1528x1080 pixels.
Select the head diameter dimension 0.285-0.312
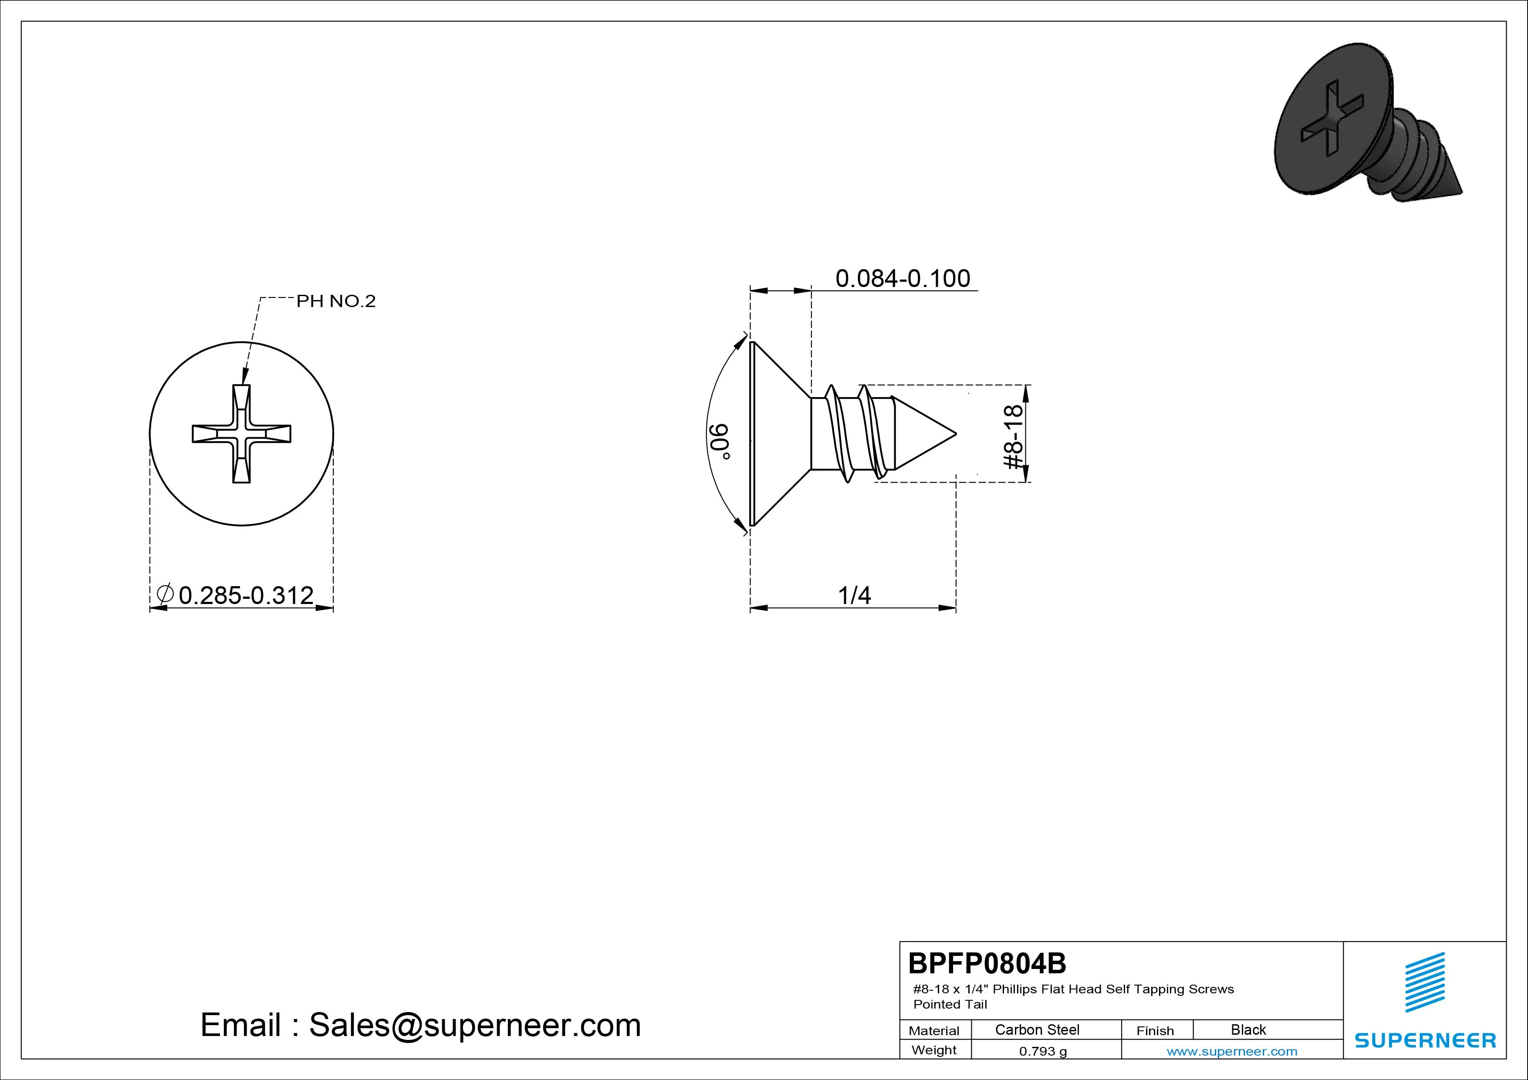[x=246, y=595]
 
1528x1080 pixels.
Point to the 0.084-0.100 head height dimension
[x=903, y=278]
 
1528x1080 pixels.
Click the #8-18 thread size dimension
[x=1012, y=436]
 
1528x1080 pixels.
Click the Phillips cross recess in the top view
[x=242, y=434]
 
